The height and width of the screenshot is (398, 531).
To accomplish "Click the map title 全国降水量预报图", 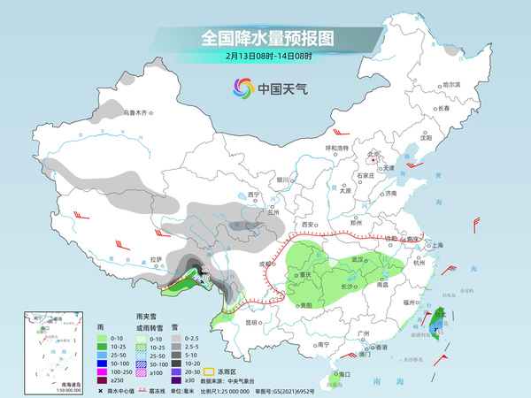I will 265,38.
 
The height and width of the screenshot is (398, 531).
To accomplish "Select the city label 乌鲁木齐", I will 136,113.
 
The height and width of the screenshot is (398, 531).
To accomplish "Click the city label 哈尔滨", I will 451,84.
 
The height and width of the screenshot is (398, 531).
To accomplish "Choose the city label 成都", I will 263,263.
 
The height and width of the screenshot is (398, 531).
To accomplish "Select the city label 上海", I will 434,246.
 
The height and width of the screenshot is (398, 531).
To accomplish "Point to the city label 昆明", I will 252,322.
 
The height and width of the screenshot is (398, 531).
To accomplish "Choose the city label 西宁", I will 254,194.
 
